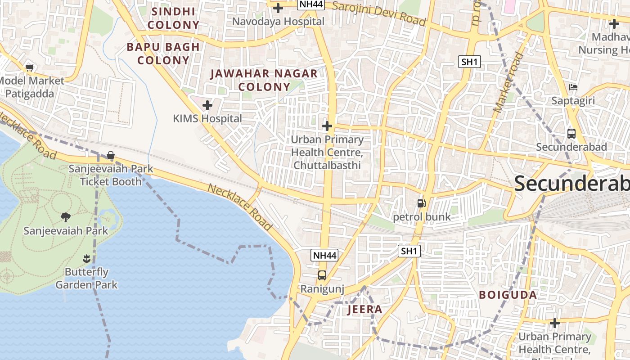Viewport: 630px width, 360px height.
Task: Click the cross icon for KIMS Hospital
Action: click(x=207, y=105)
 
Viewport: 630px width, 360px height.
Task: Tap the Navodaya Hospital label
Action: click(x=278, y=21)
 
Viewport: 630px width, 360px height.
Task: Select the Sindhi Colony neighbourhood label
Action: click(x=173, y=18)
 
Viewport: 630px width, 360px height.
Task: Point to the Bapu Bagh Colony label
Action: click(x=163, y=53)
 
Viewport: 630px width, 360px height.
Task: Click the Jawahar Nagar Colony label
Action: click(x=264, y=80)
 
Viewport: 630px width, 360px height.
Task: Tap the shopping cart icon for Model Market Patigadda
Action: click(x=30, y=67)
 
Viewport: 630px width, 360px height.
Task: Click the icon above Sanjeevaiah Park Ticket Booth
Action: click(x=111, y=156)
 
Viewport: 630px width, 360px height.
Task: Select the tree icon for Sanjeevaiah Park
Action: click(x=66, y=217)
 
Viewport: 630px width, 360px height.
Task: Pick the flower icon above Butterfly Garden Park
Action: click(x=86, y=259)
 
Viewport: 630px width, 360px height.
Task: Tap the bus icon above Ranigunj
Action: click(x=322, y=275)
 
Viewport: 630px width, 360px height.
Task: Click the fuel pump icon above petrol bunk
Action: click(x=421, y=203)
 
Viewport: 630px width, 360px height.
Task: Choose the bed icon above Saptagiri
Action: click(x=573, y=87)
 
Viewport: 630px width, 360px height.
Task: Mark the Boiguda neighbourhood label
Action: click(x=508, y=295)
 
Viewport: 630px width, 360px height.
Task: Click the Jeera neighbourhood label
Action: click(x=365, y=309)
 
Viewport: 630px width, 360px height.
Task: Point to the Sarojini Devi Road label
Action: click(x=379, y=14)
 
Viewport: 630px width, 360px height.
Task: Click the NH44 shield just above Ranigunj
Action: click(x=324, y=256)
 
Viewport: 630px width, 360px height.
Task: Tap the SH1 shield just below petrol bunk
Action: click(x=409, y=251)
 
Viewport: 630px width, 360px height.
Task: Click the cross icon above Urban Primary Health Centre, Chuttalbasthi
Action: click(x=327, y=126)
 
